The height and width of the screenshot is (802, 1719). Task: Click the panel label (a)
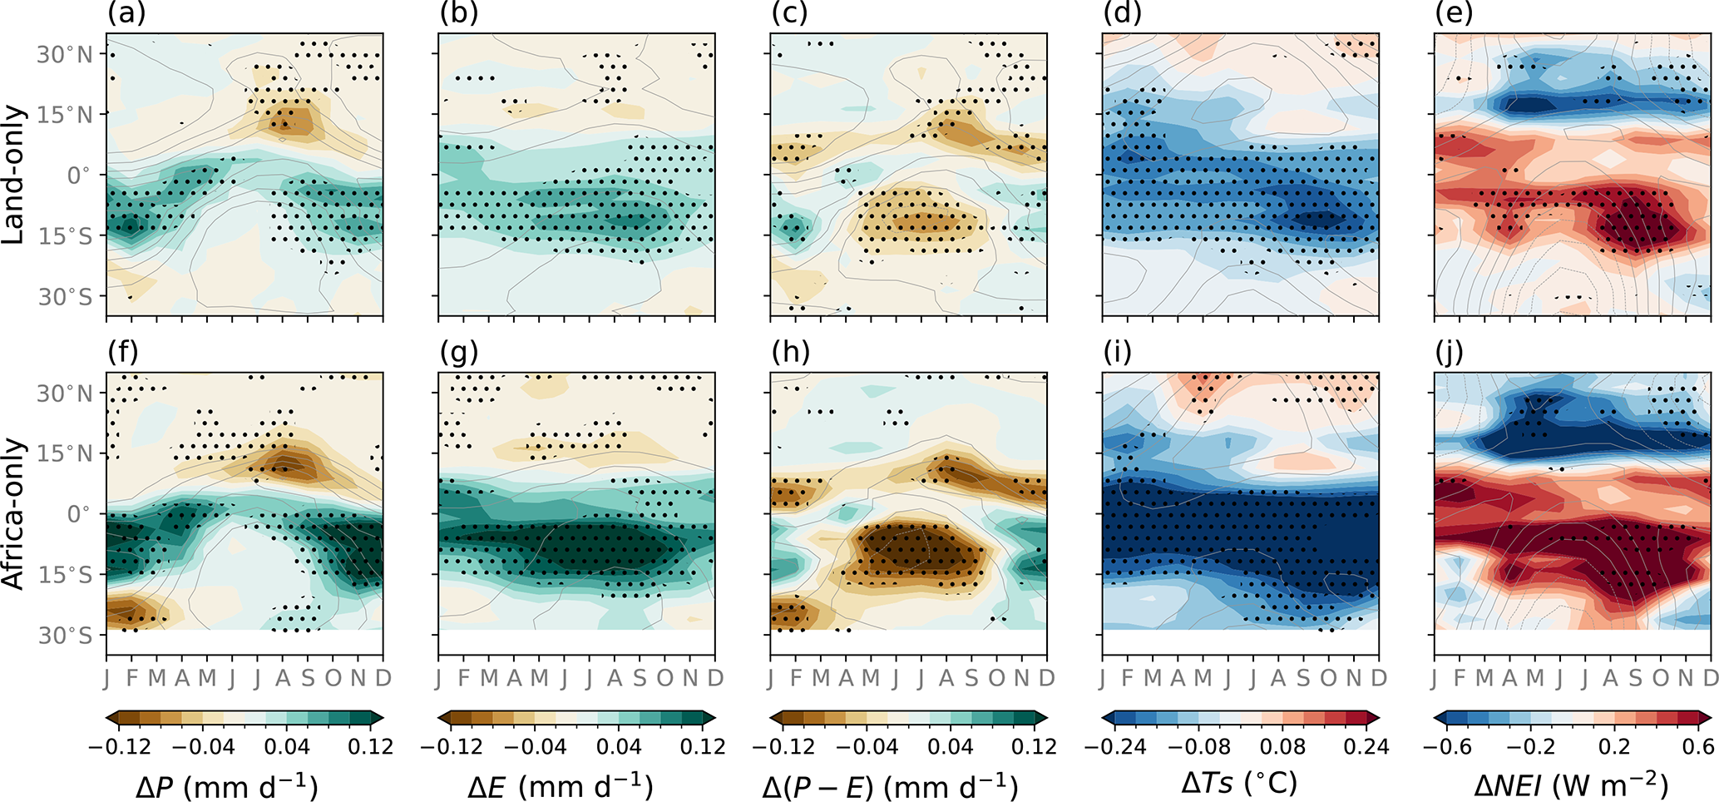(126, 14)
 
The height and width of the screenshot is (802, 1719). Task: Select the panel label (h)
(790, 353)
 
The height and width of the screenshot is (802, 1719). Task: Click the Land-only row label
(14, 175)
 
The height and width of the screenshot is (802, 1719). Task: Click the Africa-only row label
(14, 514)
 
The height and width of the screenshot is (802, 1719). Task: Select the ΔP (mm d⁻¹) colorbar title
(227, 785)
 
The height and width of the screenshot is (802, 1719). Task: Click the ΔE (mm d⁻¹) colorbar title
(560, 785)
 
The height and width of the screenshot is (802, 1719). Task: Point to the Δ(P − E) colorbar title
(890, 785)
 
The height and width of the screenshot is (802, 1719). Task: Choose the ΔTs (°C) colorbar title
(1239, 783)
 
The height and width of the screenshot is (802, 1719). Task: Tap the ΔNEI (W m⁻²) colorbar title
(1571, 785)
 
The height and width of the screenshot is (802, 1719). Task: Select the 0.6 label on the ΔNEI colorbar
(1697, 746)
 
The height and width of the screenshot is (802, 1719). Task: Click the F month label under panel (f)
(132, 678)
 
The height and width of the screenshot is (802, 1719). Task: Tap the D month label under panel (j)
(1711, 678)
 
